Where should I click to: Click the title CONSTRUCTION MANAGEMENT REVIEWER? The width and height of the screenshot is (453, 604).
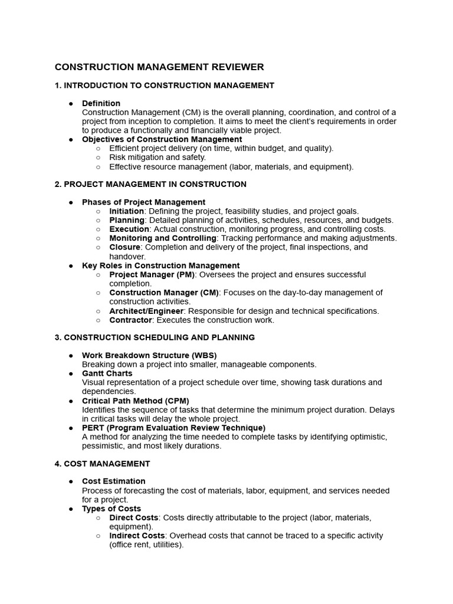point(159,67)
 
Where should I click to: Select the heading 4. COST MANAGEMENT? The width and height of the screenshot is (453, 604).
point(102,464)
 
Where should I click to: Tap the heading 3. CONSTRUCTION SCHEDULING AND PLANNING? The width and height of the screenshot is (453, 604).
point(155,337)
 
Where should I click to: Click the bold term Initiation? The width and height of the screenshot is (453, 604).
point(126,211)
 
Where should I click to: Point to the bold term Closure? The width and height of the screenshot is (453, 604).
point(124,247)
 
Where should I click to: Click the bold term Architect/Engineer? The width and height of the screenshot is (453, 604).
point(147,311)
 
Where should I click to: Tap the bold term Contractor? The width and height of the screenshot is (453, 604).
point(131,320)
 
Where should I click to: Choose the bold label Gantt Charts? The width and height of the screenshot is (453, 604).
point(107,373)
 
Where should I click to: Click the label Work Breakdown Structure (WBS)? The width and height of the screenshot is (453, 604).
point(149,355)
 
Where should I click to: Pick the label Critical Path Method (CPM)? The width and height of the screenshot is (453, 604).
point(135,401)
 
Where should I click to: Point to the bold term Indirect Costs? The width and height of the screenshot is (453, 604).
point(137,536)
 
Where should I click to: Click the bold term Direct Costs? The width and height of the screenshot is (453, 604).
point(133,517)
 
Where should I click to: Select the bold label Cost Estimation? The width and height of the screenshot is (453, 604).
point(113,481)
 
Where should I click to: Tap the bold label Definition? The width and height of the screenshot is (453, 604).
point(101,103)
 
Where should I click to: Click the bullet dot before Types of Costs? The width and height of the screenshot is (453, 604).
point(71,508)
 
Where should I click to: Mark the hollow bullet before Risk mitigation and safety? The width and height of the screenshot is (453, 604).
point(98,157)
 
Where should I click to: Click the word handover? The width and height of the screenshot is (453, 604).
point(126,257)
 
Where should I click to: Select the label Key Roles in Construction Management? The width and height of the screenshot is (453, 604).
point(160,265)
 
